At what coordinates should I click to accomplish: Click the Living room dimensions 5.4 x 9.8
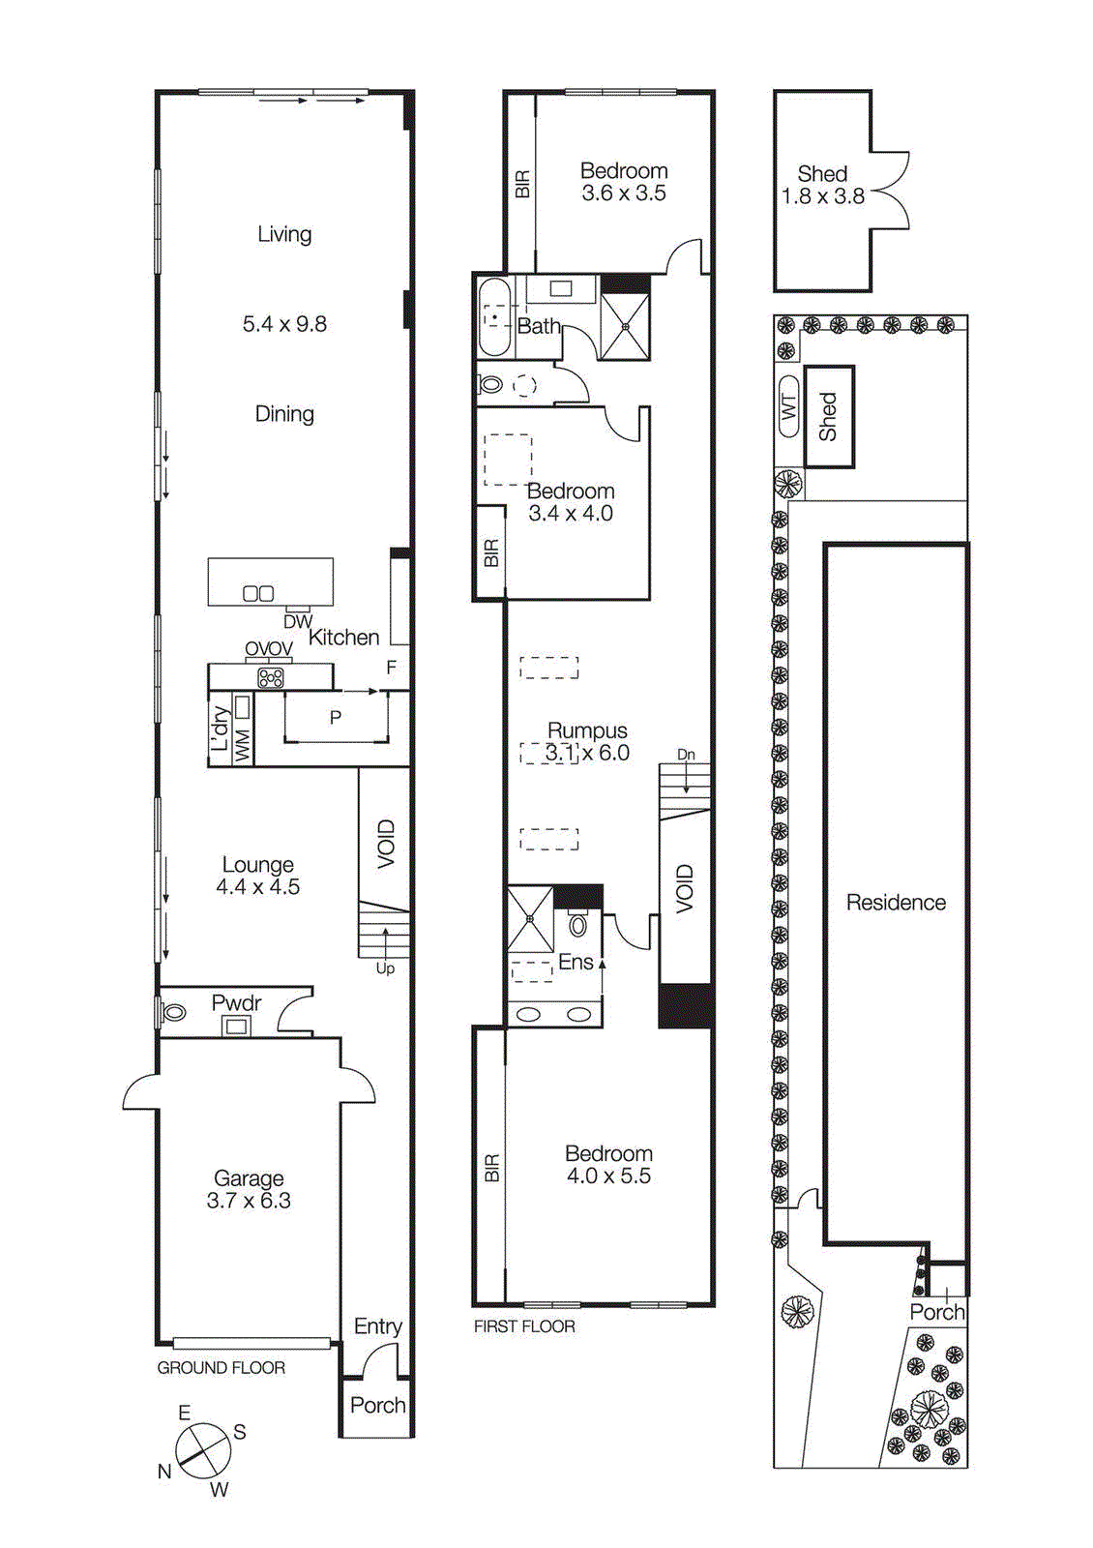click(284, 324)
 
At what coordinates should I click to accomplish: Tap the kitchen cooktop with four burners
click(271, 677)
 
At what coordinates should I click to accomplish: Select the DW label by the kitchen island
click(297, 622)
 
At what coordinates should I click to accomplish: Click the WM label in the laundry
click(242, 745)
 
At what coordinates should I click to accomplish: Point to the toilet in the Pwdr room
click(174, 1013)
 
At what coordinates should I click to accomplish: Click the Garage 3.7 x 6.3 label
click(249, 1189)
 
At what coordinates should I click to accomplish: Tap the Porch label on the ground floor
click(377, 1405)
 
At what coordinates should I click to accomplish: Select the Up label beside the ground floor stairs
click(385, 968)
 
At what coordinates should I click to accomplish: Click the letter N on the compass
click(164, 1472)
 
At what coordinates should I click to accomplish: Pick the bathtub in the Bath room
click(494, 317)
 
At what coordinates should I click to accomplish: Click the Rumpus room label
click(587, 731)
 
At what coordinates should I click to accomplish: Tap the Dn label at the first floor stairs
click(686, 755)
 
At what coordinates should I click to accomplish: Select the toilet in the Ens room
click(577, 925)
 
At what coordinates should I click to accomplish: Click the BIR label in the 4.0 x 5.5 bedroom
click(491, 1168)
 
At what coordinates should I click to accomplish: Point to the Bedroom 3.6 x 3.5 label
click(624, 182)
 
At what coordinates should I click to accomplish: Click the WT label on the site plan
click(788, 406)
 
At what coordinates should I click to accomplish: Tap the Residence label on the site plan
click(896, 903)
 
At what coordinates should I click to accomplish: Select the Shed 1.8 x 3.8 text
click(822, 185)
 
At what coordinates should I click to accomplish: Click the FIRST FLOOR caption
click(524, 1326)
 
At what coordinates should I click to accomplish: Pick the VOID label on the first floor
click(685, 888)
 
